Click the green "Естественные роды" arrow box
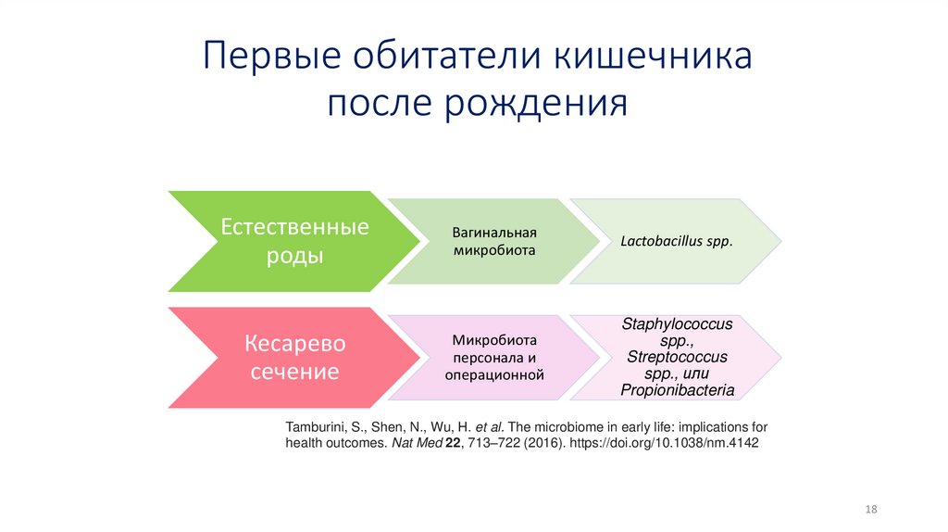[x=293, y=241]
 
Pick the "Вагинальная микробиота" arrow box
[x=494, y=241]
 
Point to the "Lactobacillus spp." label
[x=677, y=241]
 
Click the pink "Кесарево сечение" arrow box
[x=293, y=358]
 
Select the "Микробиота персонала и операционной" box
[x=494, y=358]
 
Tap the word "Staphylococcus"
[x=677, y=324]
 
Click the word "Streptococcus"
[x=677, y=357]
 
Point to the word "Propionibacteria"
[x=678, y=390]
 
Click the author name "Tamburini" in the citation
[x=316, y=426]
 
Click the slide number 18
[x=870, y=511]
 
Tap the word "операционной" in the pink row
[x=494, y=375]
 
